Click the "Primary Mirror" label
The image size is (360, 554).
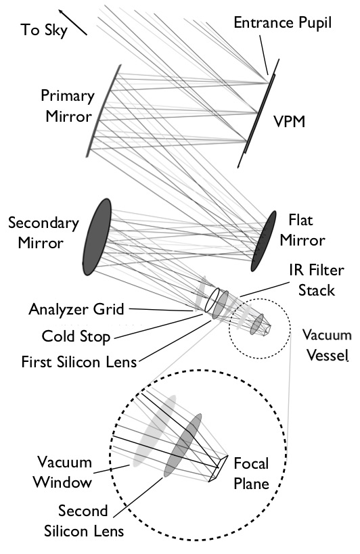click(68, 105)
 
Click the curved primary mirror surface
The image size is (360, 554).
click(105, 108)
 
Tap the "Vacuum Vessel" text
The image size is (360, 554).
click(326, 345)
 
